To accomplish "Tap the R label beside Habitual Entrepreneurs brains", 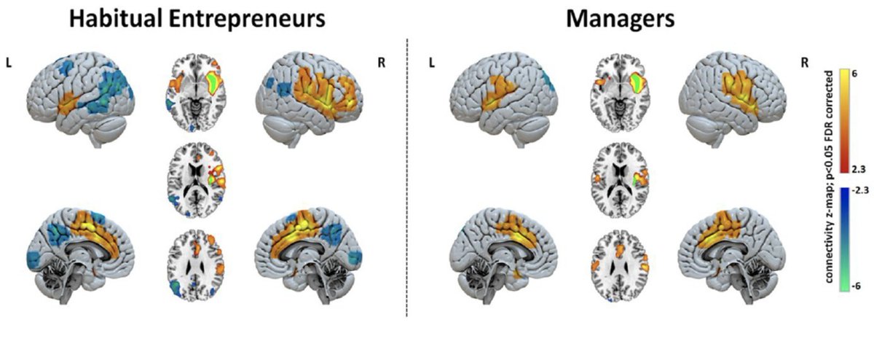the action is [382, 63].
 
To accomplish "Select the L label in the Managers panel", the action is [432, 63].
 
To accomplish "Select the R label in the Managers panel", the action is [805, 63].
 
